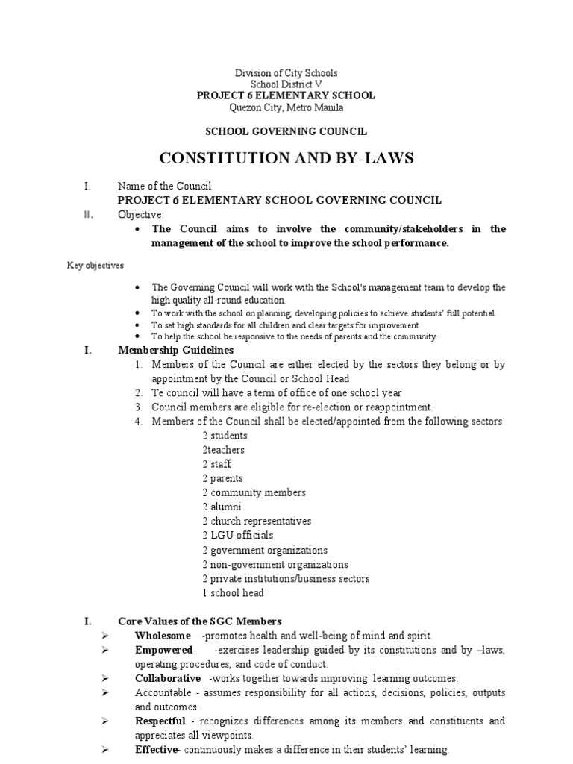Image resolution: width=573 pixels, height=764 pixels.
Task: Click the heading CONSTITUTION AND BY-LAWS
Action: (x=286, y=159)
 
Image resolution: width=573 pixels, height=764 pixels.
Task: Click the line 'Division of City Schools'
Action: (x=286, y=73)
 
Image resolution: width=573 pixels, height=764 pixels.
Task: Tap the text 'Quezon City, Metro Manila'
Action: (x=286, y=107)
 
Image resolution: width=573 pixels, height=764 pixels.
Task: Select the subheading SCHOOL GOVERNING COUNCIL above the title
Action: (x=286, y=131)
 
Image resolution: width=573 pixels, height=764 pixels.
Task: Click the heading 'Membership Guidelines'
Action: (x=176, y=350)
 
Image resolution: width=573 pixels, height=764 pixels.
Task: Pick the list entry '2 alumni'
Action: (x=222, y=507)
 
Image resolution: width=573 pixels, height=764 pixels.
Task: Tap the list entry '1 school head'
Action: (x=233, y=592)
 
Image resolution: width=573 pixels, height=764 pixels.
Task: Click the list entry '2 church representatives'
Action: (x=256, y=521)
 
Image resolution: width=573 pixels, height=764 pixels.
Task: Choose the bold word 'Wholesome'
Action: (x=163, y=635)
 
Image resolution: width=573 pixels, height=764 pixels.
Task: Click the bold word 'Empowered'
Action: (x=164, y=650)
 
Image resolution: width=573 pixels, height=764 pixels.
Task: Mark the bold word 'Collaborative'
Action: (x=168, y=678)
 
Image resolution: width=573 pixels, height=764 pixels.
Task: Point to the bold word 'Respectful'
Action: (x=162, y=721)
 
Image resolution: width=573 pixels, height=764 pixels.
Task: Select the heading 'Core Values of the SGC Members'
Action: (x=200, y=621)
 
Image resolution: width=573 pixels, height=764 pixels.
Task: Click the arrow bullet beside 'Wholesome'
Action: (x=104, y=635)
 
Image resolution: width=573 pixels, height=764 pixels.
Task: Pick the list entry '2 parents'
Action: (x=222, y=478)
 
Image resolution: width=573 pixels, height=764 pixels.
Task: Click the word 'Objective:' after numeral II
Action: (x=140, y=214)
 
